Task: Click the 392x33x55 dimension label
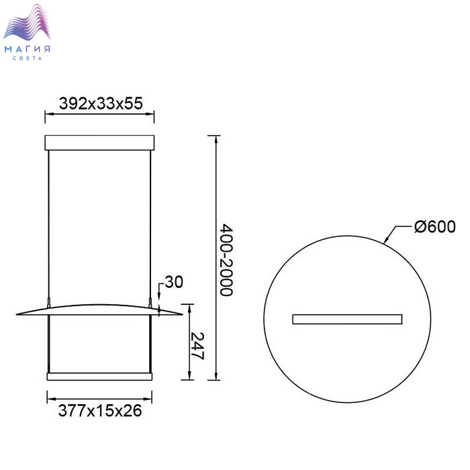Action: click(101, 103)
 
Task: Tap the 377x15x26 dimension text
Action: click(100, 410)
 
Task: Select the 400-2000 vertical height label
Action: click(226, 260)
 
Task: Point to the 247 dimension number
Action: click(197, 346)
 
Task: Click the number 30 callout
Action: click(174, 283)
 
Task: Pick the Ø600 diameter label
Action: click(435, 227)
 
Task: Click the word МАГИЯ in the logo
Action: click(28, 49)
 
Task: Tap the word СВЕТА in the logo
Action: click(28, 58)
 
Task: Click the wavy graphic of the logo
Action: click(27, 22)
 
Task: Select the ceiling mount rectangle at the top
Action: click(99, 142)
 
